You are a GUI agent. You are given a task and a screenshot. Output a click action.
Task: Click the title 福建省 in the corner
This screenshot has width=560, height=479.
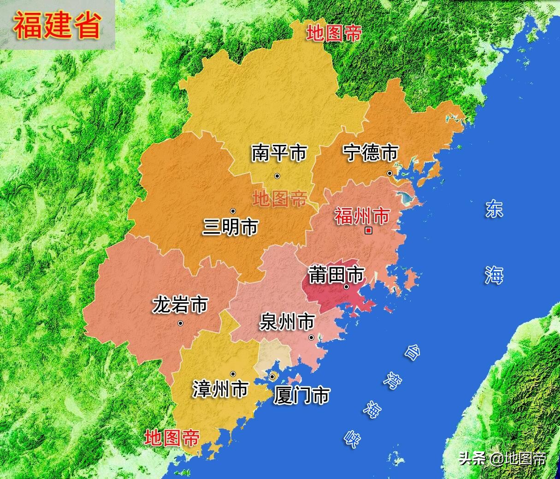click(x=57, y=25)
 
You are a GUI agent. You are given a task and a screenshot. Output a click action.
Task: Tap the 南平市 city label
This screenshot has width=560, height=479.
click(x=279, y=153)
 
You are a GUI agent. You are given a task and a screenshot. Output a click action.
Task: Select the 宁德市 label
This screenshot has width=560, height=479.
click(x=371, y=153)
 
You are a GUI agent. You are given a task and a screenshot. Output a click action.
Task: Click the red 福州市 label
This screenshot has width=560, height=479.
click(x=362, y=216)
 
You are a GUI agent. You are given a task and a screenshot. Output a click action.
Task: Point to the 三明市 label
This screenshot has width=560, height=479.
click(x=230, y=227)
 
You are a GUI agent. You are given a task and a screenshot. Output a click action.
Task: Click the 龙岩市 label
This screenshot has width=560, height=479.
click(x=180, y=305)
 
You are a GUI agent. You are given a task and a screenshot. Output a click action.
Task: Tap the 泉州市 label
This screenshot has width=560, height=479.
click(x=287, y=322)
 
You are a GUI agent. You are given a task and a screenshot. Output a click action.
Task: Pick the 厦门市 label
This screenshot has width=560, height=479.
click(x=301, y=395)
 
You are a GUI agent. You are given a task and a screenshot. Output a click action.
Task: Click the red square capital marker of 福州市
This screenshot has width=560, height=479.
click(x=368, y=231)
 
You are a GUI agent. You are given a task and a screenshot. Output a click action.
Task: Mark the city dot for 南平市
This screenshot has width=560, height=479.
click(x=277, y=176)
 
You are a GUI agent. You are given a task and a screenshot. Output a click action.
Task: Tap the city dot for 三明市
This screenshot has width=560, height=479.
click(x=233, y=211)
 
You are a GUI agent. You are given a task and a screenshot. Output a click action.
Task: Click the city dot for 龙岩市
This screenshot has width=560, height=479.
click(x=180, y=323)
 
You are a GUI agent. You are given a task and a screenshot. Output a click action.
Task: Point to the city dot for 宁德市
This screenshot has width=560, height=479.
click(x=389, y=174)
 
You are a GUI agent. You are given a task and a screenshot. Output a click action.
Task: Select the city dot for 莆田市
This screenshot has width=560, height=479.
click(x=347, y=287)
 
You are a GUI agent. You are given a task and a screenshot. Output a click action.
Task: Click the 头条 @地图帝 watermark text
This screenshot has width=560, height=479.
click(x=502, y=458)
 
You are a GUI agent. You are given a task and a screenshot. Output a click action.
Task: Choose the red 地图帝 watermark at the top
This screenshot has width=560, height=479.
click(x=334, y=33)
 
